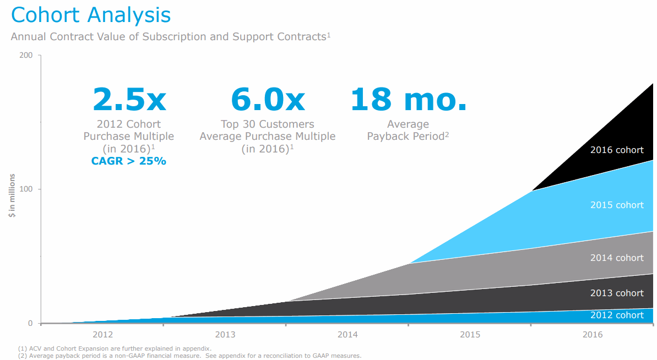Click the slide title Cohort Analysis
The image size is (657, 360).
(91, 15)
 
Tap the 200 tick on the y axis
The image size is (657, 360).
(26, 55)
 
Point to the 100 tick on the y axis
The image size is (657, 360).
(26, 189)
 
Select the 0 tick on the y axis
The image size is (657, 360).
(30, 323)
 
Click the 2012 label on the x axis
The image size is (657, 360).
(103, 335)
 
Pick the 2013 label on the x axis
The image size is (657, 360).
(225, 335)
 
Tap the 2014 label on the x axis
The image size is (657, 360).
(347, 335)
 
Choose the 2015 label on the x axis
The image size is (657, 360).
(470, 335)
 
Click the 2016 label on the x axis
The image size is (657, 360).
(592, 335)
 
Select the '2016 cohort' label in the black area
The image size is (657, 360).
(616, 150)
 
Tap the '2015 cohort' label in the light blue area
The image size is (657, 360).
(616, 205)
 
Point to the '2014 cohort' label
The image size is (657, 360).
(616, 258)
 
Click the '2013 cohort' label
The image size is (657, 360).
(616, 293)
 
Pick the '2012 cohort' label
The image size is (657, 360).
(616, 315)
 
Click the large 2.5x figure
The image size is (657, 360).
(129, 99)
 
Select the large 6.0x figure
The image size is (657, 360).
(267, 99)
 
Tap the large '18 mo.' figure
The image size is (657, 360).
(408, 99)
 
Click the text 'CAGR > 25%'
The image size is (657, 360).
(129, 161)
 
